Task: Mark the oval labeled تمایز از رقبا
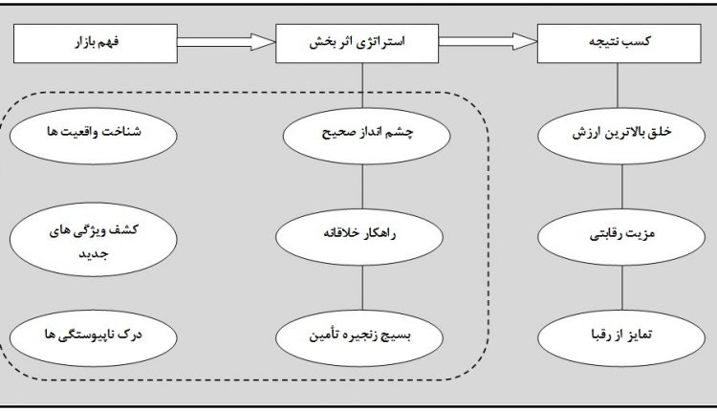pyautogui.click(x=620, y=336)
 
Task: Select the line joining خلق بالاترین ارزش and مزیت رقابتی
pyautogui.click(x=620, y=186)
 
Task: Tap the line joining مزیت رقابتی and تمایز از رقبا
pyautogui.click(x=620, y=287)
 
